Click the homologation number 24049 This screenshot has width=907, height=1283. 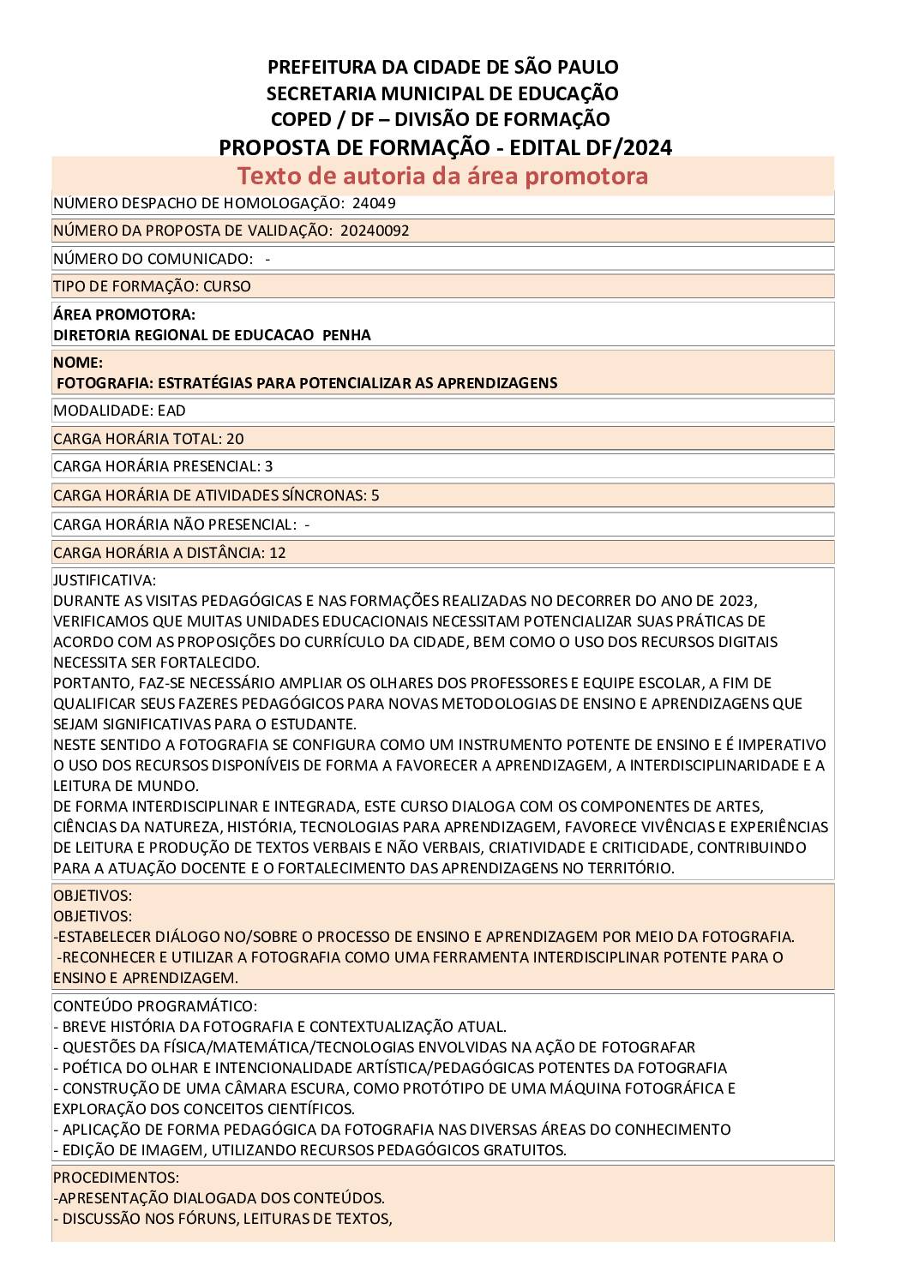(x=374, y=204)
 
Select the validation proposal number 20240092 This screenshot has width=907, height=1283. (x=375, y=231)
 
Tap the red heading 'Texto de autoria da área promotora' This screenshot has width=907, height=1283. (x=442, y=176)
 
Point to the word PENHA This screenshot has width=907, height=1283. (x=346, y=335)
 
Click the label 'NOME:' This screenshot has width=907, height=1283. (x=78, y=363)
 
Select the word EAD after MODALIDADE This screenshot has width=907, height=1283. (x=171, y=411)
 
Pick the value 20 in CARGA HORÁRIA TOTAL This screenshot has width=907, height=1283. (x=235, y=439)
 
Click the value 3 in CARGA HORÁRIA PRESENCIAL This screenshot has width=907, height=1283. (x=269, y=466)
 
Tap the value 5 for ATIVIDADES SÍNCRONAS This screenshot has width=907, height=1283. (x=375, y=495)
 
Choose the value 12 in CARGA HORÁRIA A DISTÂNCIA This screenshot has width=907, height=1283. (x=278, y=553)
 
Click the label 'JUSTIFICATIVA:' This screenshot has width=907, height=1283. (x=105, y=580)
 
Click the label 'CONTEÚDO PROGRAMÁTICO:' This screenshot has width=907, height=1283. (x=155, y=1006)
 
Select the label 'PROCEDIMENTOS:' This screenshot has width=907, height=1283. (x=117, y=1178)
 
